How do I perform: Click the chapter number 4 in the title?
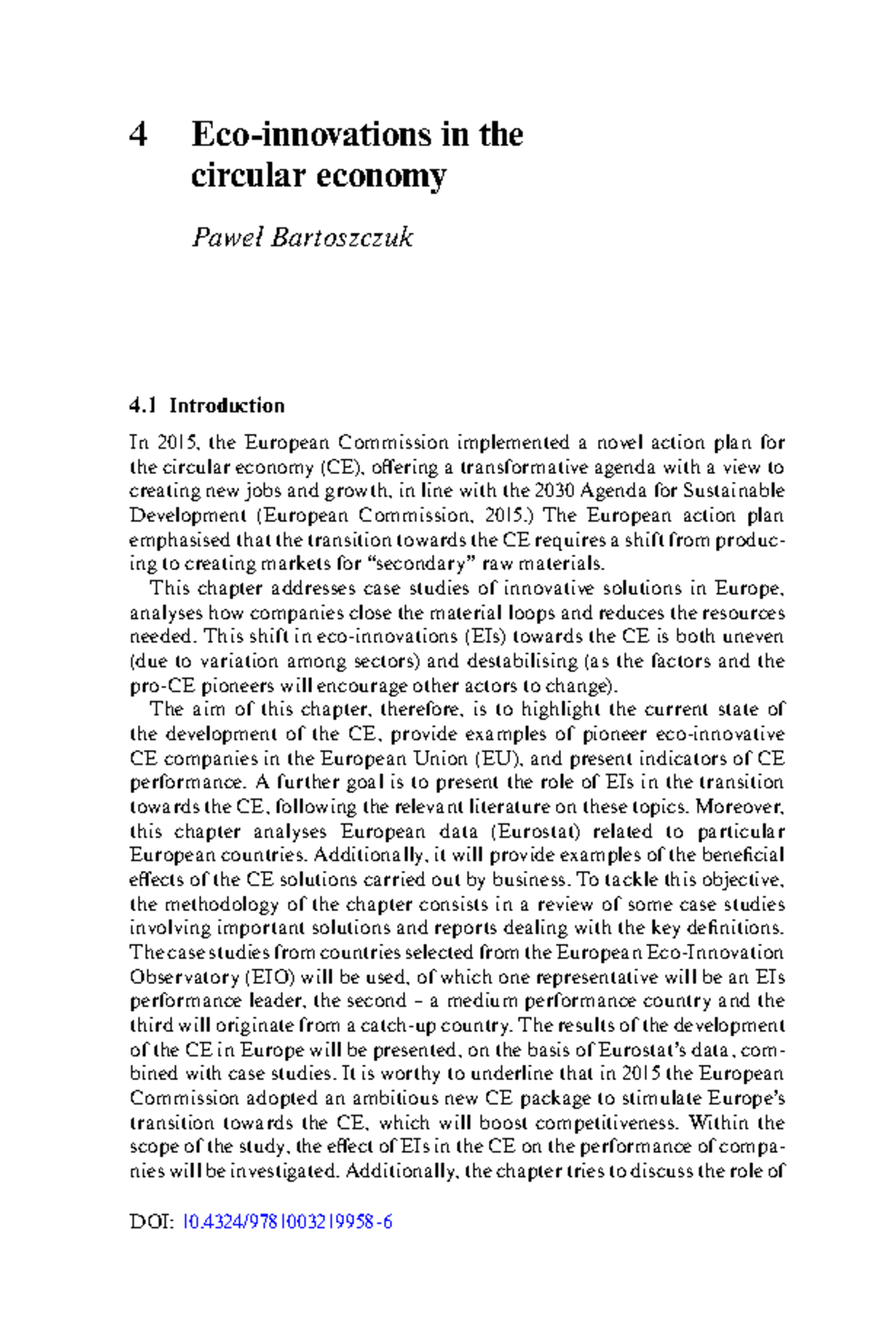point(139,135)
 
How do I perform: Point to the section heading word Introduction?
point(226,406)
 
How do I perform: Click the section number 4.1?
point(143,406)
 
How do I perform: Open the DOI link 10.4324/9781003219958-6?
point(287,1222)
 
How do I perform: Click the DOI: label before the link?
point(152,1222)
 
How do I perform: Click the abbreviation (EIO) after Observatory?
point(268,977)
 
